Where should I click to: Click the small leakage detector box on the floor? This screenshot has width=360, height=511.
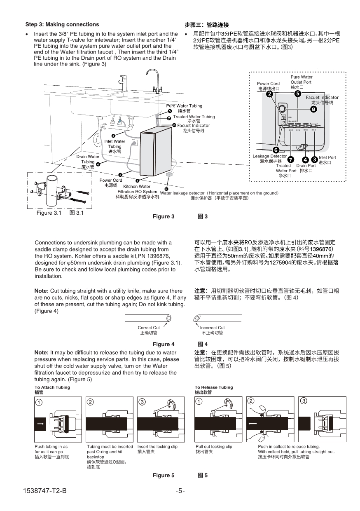[x=168, y=175]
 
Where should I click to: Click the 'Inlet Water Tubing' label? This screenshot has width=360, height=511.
[x=115, y=146]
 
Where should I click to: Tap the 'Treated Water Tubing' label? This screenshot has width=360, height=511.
[x=194, y=117]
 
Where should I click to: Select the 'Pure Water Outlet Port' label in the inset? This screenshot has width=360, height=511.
[x=301, y=82]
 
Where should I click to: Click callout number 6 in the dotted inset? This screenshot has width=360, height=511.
[x=276, y=150]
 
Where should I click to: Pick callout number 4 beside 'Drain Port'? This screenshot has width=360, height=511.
[x=305, y=160]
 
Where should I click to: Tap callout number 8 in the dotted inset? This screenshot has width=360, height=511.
[x=313, y=109]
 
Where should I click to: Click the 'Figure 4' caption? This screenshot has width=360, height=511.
[x=164, y=344]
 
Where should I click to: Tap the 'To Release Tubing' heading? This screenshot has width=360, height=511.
[x=214, y=387]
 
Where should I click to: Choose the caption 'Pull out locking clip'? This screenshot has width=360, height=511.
[x=213, y=447]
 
